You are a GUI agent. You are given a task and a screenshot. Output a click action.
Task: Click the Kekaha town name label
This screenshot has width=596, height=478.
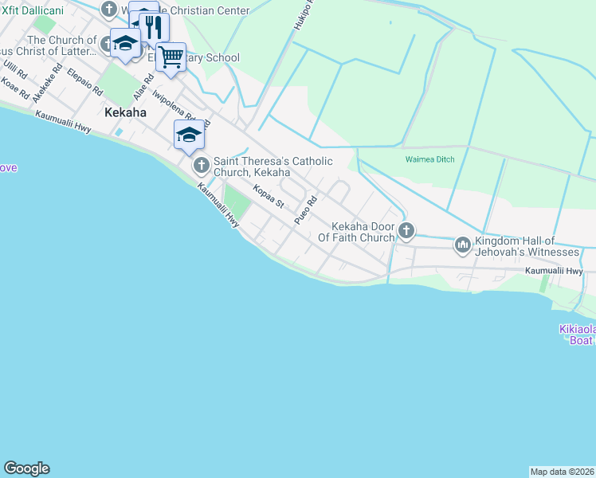click(125, 113)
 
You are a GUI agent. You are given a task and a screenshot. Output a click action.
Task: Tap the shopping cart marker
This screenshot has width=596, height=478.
click(171, 57)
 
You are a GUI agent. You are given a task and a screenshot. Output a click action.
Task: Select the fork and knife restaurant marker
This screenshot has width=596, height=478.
click(154, 28)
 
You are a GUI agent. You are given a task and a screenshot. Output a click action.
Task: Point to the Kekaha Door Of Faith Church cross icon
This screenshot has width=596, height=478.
click(406, 232)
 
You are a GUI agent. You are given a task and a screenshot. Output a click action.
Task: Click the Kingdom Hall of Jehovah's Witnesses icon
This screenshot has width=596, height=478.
click(463, 246)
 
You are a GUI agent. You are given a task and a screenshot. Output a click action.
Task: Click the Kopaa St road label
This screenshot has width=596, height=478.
click(269, 197)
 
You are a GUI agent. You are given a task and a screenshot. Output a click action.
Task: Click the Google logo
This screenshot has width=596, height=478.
click(26, 468)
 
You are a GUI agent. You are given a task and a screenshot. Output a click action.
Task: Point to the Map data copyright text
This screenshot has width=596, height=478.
click(562, 472)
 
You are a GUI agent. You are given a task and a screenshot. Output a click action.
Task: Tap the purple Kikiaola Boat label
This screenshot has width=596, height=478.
click(574, 335)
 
